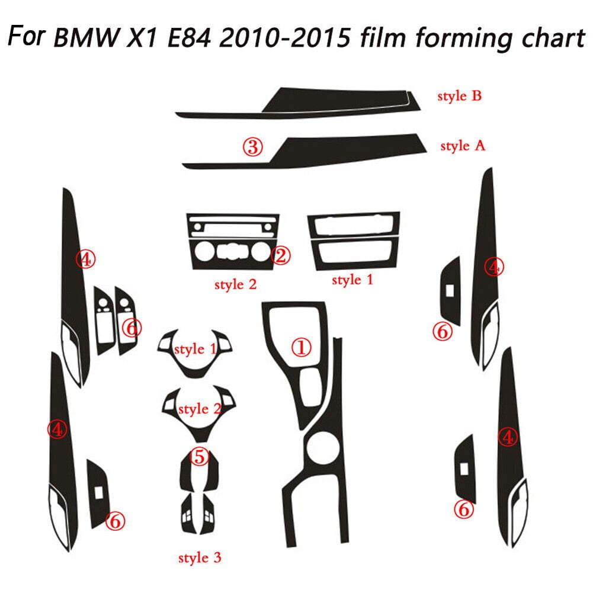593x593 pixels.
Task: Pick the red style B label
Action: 459,97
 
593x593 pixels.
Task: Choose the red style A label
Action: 462,146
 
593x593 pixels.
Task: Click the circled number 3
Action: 252,148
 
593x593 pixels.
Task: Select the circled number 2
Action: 281,255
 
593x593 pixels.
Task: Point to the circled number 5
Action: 199,456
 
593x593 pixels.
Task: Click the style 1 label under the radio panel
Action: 352,280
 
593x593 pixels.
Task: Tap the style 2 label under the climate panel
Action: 235,284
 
